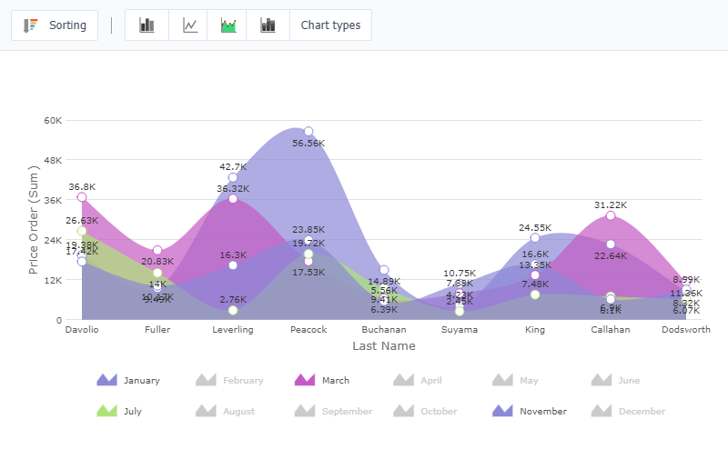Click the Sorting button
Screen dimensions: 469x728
(x=55, y=25)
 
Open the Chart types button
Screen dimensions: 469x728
(x=330, y=25)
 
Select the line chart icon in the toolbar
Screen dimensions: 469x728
(x=189, y=25)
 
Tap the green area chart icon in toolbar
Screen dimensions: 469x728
(x=228, y=25)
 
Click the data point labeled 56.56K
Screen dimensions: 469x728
(x=308, y=132)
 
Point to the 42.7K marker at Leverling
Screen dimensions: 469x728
(x=233, y=177)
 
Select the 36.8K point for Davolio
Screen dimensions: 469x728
(x=82, y=197)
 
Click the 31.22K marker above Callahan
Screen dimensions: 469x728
(x=611, y=215)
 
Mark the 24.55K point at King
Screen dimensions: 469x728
(x=535, y=238)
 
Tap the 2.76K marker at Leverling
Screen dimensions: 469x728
(x=233, y=311)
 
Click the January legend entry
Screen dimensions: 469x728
(x=129, y=381)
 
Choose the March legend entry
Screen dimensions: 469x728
(x=324, y=381)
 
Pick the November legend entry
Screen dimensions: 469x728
(x=531, y=412)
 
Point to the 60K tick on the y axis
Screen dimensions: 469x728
(x=53, y=120)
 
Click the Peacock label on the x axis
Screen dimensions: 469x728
(x=308, y=330)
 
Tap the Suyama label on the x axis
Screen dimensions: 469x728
(x=460, y=330)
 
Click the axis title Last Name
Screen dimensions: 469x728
(x=383, y=346)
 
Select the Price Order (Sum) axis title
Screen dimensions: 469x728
(x=34, y=219)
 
